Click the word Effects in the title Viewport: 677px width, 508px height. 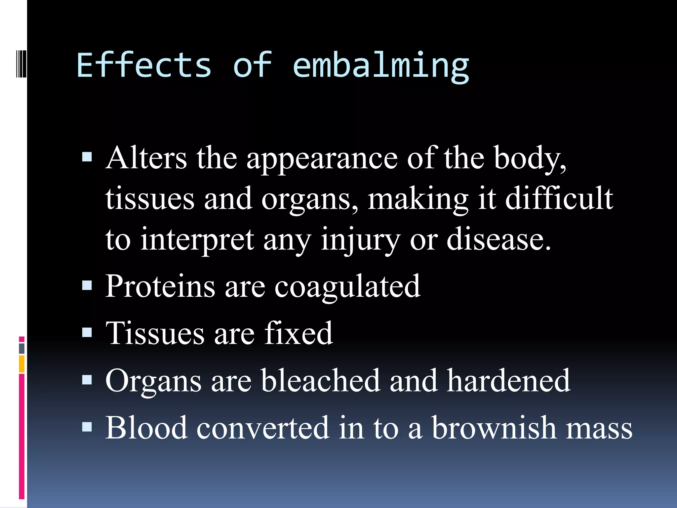(144, 65)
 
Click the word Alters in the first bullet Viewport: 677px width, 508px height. (146, 158)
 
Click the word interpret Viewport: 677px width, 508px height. (197, 240)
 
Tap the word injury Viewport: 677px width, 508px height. (360, 240)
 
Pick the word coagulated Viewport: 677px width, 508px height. (347, 287)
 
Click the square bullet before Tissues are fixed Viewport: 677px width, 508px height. (87, 332)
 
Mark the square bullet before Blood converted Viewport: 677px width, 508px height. (87, 427)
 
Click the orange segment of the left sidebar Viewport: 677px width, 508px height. (22, 364)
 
